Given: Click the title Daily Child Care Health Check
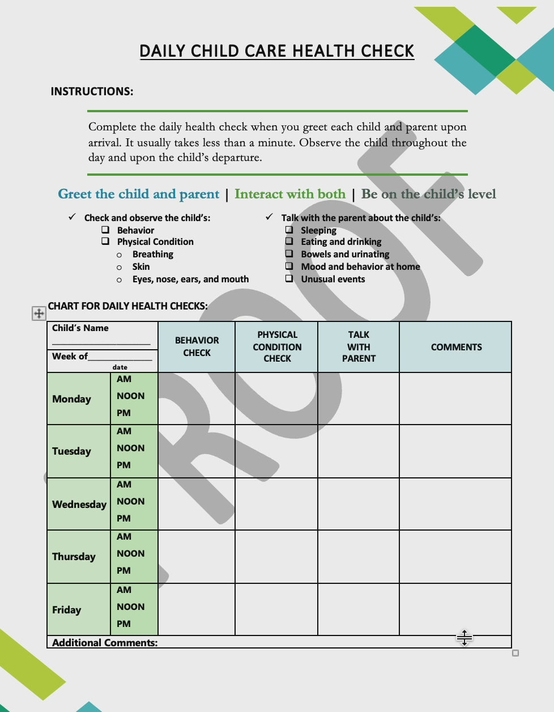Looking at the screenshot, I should (276, 51).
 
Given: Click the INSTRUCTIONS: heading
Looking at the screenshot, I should (92, 91).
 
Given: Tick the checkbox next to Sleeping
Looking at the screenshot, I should (289, 230).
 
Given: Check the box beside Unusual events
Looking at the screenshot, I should (289, 278).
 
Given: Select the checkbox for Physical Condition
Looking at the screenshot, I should (105, 241).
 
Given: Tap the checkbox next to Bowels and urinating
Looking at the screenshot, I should (289, 253).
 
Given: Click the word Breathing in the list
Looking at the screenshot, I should (152, 254).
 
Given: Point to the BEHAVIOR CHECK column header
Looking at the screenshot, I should (197, 346).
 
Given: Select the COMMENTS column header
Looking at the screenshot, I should (456, 347).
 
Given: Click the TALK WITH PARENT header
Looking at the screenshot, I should (359, 346).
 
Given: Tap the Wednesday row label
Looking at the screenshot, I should (79, 504).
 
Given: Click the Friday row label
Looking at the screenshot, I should (66, 609).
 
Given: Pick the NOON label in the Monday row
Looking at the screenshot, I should (130, 396).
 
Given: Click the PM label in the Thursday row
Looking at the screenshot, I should (123, 570).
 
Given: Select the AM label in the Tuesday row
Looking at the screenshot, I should (124, 431).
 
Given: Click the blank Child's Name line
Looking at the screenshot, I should (101, 342).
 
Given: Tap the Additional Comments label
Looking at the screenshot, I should (105, 642).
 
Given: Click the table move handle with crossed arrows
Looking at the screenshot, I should (39, 313).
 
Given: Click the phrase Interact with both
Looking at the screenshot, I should (289, 194).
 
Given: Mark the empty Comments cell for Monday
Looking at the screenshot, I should (455, 398).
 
